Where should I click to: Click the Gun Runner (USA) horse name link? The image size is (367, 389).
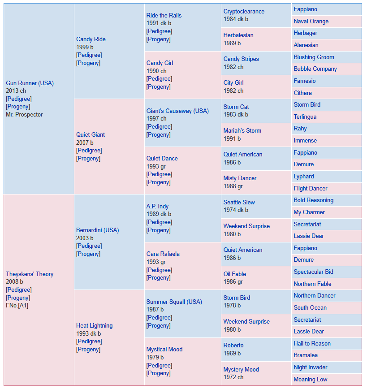coord(30,83)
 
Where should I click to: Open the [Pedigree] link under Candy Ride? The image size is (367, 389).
coord(89,55)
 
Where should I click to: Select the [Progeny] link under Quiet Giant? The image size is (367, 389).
coord(88,159)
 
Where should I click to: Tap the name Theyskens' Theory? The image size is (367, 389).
coord(30,274)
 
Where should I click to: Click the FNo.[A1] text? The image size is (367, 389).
coord(17,305)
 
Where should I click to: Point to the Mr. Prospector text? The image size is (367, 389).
coord(24,115)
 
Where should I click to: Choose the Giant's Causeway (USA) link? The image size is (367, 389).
coord(177,111)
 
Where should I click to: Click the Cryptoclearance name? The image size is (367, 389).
coord(244,11)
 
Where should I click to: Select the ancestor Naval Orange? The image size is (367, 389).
coord(311,22)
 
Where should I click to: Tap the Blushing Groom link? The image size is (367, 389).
coord(314,57)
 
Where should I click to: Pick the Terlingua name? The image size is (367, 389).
coord(305,117)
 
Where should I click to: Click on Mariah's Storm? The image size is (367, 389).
coord(242,131)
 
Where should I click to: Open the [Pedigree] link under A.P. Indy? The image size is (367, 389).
coord(160,222)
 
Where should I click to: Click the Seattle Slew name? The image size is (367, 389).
coord(239,202)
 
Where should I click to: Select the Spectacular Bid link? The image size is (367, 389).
coord(313,272)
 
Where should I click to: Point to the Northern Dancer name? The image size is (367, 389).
coord(315,295)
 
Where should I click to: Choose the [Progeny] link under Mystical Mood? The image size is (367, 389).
coord(159,373)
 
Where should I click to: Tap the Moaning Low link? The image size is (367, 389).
coord(311,379)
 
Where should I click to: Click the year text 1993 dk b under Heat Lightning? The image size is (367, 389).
coord(89,334)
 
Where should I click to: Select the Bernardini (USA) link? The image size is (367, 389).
coord(98,230)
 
